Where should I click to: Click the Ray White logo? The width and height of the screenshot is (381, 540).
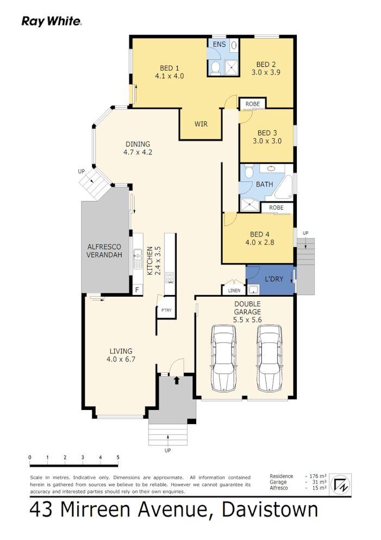click(x=52, y=21)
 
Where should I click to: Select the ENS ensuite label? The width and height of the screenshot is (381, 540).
click(x=219, y=44)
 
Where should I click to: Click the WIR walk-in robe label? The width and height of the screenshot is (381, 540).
click(x=201, y=124)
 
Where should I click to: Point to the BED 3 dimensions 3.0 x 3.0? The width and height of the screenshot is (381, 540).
click(x=267, y=141)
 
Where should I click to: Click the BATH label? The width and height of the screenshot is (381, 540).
click(x=265, y=185)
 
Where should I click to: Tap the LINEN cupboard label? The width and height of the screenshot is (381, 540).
click(x=234, y=291)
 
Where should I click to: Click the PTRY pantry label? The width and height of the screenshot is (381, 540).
click(x=166, y=310)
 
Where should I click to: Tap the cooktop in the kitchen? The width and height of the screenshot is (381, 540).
click(x=170, y=278)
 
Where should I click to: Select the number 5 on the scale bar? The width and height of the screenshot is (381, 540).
click(x=117, y=457)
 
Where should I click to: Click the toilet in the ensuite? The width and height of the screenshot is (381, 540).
click(x=215, y=67)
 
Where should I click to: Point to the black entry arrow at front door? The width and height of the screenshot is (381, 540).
click(x=176, y=381)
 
